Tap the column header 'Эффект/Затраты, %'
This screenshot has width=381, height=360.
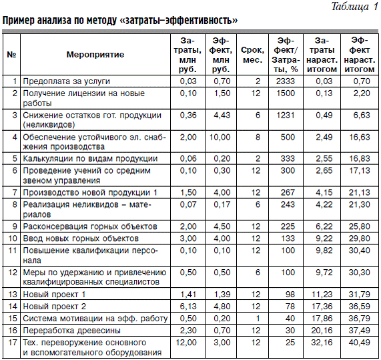[x=286, y=53]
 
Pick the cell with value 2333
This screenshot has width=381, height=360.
[x=286, y=81]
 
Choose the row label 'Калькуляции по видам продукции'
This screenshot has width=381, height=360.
[x=90, y=158]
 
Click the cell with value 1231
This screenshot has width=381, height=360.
[x=286, y=115]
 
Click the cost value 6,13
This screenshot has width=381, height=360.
[x=189, y=306]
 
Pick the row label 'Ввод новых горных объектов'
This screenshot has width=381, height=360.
[x=81, y=238]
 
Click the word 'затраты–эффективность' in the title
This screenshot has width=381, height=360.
[x=179, y=21]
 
